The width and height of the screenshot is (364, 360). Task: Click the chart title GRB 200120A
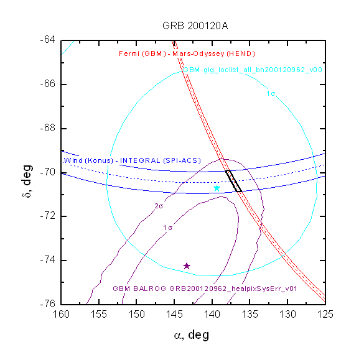coord(195,25)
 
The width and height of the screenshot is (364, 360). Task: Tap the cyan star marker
coord(217,188)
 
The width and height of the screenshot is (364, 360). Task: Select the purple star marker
coord(187,266)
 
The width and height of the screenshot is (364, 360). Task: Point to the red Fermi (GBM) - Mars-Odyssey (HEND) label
coord(187,54)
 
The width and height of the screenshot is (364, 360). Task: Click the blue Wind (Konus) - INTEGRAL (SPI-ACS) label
coord(132,160)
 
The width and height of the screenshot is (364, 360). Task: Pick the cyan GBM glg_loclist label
coord(253,70)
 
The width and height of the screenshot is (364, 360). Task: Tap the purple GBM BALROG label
coord(205,288)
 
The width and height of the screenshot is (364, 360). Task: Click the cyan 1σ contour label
coord(271,93)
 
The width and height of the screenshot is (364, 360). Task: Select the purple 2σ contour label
coord(159,206)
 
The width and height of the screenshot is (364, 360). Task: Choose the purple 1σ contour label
coord(167,228)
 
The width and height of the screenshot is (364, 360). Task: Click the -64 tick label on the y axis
coord(48,40)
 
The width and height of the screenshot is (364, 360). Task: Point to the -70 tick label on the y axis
coord(48,172)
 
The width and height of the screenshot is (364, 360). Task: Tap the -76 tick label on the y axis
coord(48,303)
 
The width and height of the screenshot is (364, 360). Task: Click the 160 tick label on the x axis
coord(61,315)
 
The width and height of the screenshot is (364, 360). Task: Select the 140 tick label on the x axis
coord(212,315)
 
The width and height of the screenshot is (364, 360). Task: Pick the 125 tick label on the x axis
coord(325,315)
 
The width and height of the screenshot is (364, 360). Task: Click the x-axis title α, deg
coord(192,335)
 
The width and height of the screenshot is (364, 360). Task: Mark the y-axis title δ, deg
coord(27,181)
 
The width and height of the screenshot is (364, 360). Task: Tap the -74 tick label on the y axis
coord(48,261)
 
